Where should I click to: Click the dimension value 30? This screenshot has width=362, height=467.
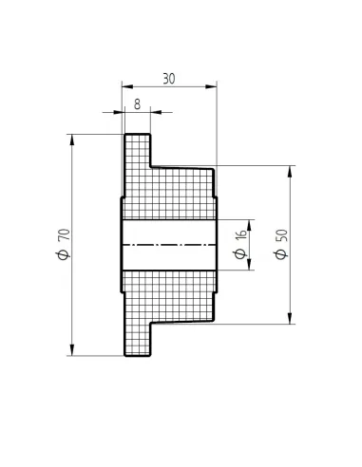(169, 79)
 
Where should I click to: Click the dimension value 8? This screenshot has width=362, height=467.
(137, 104)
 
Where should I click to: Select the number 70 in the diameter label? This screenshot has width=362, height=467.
(65, 234)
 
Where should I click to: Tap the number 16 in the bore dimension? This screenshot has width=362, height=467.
(241, 234)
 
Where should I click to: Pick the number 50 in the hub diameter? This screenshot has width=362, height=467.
(282, 235)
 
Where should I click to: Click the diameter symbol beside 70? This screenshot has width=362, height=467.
(64, 253)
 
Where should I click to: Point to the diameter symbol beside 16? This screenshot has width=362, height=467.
(240, 253)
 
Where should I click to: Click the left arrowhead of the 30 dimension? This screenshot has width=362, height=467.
(127, 86)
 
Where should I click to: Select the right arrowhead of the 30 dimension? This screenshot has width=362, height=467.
(211, 86)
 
